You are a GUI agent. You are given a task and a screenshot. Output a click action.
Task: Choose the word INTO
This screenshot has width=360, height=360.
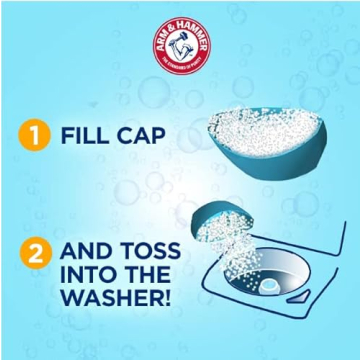tap(87, 274)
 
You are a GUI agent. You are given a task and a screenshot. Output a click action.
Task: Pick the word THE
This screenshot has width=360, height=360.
tap(152, 274)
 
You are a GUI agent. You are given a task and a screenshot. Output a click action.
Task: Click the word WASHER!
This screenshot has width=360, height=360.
tap(116, 298)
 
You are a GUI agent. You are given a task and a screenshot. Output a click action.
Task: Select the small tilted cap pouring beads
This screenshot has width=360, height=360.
tap(213, 221)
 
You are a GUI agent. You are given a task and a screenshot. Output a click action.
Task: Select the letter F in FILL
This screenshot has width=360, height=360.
tap(68, 136)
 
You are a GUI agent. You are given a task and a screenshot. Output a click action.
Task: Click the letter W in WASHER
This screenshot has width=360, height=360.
tap(72, 298)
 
